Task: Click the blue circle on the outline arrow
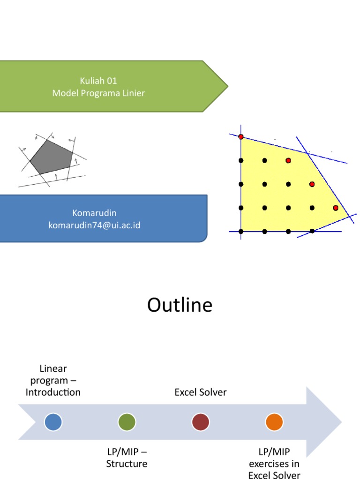pyautogui.click(x=53, y=422)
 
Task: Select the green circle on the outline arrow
pyautogui.click(x=127, y=422)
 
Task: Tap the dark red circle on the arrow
pyautogui.click(x=200, y=422)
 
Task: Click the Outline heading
pyautogui.click(x=180, y=305)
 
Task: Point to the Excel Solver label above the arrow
pyautogui.click(x=200, y=392)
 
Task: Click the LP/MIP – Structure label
pyautogui.click(x=127, y=457)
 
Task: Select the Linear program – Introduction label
pyautogui.click(x=53, y=380)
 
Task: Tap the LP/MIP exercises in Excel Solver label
pyautogui.click(x=274, y=464)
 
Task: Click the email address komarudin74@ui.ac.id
pyautogui.click(x=94, y=225)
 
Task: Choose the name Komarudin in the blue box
pyautogui.click(x=94, y=213)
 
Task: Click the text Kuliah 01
pyautogui.click(x=98, y=81)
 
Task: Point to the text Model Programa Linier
pyautogui.click(x=98, y=93)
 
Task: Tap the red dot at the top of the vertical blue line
pyautogui.click(x=241, y=137)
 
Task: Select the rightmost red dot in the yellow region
pyautogui.click(x=336, y=208)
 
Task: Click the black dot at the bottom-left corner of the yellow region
pyautogui.click(x=241, y=232)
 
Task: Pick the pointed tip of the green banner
pyautogui.click(x=228, y=86)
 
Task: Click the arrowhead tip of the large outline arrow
pyautogui.click(x=342, y=422)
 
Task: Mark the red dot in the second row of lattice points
pyautogui.click(x=288, y=160)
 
